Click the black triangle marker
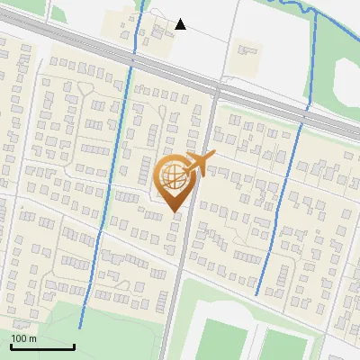pyautogui.click(x=180, y=24)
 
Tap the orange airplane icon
pyautogui.click(x=199, y=165)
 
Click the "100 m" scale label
pyautogui.click(x=23, y=337)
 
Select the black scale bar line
pyautogui.click(x=42, y=346)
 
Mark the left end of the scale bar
pyautogui.click(x=11, y=346)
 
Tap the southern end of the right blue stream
pyautogui.click(x=257, y=294)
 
